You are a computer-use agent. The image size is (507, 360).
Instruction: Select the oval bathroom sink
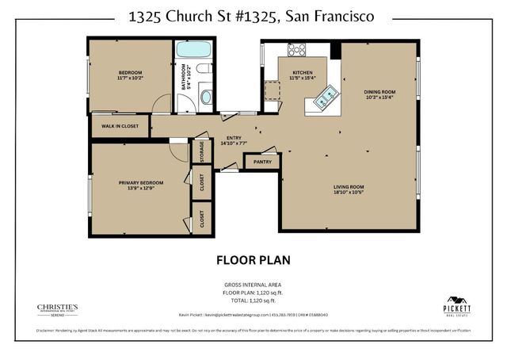click(206, 97)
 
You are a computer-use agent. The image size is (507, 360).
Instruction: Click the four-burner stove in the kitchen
click(297, 49)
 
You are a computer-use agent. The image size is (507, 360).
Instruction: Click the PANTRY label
click(262, 162)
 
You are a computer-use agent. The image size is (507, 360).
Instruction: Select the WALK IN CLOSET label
click(120, 125)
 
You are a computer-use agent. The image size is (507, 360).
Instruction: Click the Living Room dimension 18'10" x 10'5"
click(348, 192)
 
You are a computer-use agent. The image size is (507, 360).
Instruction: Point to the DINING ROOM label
click(380, 92)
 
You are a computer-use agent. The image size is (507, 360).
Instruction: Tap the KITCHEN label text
click(303, 74)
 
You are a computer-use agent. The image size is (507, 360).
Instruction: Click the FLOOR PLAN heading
click(253, 259)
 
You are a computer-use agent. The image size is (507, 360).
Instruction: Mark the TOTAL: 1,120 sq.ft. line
click(253, 301)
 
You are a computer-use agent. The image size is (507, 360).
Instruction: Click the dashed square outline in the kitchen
click(273, 88)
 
